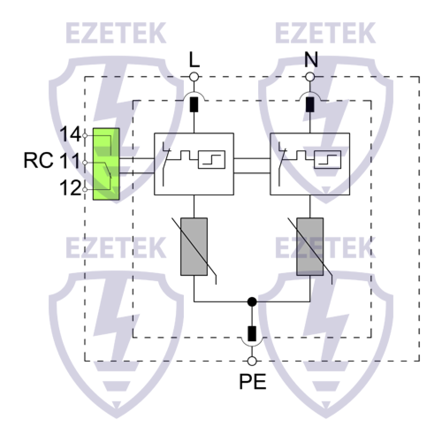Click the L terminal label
coord(194,60)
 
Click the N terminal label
coord(311,60)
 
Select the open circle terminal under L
coord(194,77)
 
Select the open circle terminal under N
coord(310,77)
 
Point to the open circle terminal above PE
coord(252,361)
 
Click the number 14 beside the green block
coord(70,134)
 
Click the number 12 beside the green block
coord(70,189)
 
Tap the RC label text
coord(38,161)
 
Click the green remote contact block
coord(106,164)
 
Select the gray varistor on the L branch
coord(194,247)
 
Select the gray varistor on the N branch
coord(310,247)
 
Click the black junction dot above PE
coord(252,302)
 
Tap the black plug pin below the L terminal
coord(194,105)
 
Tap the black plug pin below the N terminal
coord(310,105)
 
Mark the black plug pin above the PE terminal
coord(252,334)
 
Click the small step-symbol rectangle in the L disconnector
coord(212,160)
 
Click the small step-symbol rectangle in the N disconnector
coord(328,160)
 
